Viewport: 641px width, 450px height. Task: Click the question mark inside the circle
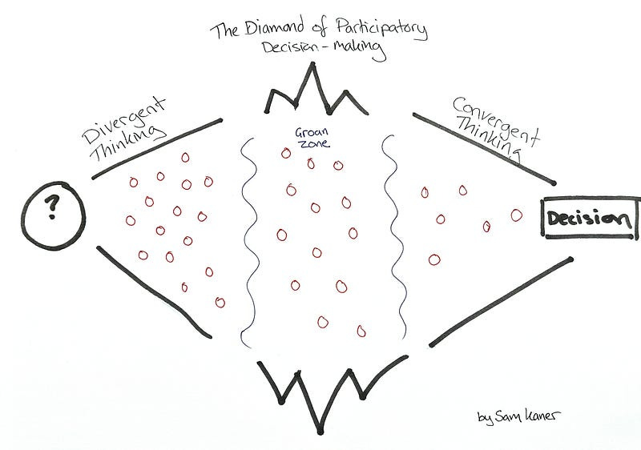coord(53,208)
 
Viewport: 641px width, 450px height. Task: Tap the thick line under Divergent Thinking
coord(156,149)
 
